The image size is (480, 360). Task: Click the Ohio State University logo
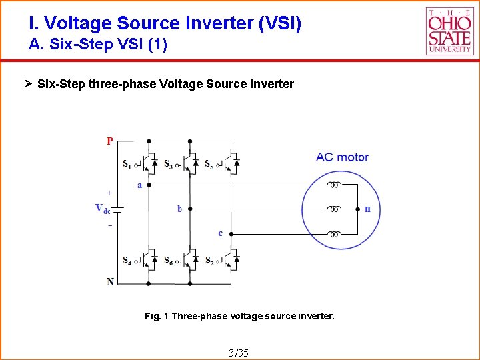(449, 31)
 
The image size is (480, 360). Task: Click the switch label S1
(127, 163)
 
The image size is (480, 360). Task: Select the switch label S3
(167, 164)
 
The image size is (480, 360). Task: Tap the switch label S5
(209, 163)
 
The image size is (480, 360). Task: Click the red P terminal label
(110, 141)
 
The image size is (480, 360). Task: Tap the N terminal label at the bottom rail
(110, 282)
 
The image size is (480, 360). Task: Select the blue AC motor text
(342, 157)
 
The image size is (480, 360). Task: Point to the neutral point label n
(367, 209)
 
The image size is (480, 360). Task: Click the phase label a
(139, 185)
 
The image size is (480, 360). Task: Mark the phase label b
(179, 209)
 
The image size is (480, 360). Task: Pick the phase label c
(220, 233)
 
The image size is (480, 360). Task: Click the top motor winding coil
(335, 185)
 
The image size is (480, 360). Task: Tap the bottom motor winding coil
(335, 234)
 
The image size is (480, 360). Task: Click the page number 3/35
(238, 352)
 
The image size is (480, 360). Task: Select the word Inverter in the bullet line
(270, 84)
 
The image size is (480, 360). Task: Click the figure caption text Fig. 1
(157, 316)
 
